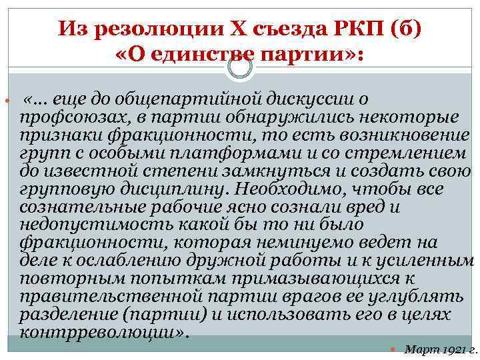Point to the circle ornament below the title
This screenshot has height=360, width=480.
tap(241, 66)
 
